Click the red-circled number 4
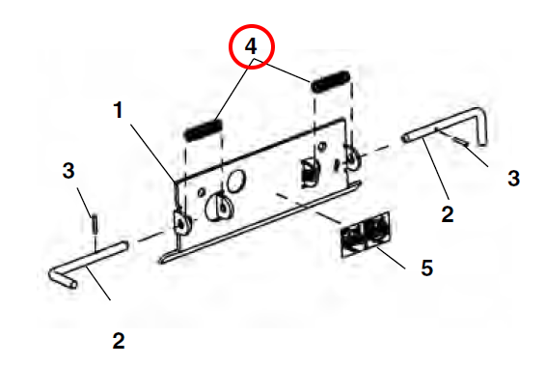pyautogui.click(x=251, y=46)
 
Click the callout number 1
pyautogui.click(x=119, y=110)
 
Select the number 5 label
pyautogui.click(x=427, y=267)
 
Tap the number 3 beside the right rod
pyautogui.click(x=513, y=178)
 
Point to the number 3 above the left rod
pyautogui.click(x=68, y=171)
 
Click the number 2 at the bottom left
pyautogui.click(x=119, y=341)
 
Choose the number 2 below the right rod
pyautogui.click(x=448, y=214)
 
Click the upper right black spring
pyautogui.click(x=331, y=82)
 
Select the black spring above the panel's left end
pyautogui.click(x=203, y=129)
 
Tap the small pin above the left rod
pyautogui.click(x=94, y=225)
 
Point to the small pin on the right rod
pyautogui.click(x=460, y=142)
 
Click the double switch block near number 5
pyautogui.click(x=365, y=235)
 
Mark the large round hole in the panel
pyautogui.click(x=235, y=181)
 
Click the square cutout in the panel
pyautogui.click(x=310, y=172)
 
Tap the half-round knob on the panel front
pyautogui.click(x=219, y=207)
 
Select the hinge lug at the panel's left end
pyautogui.click(x=181, y=223)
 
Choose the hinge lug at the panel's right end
pyautogui.click(x=353, y=158)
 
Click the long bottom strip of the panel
pyautogui.click(x=259, y=222)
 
